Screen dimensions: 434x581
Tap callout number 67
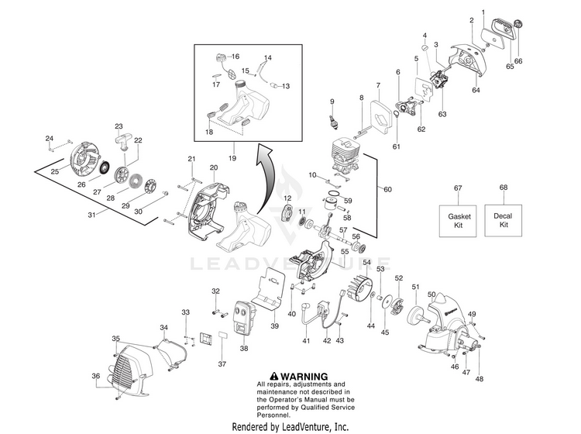click(457, 188)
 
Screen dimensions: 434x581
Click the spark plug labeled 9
click(335, 122)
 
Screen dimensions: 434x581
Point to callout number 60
click(387, 189)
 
